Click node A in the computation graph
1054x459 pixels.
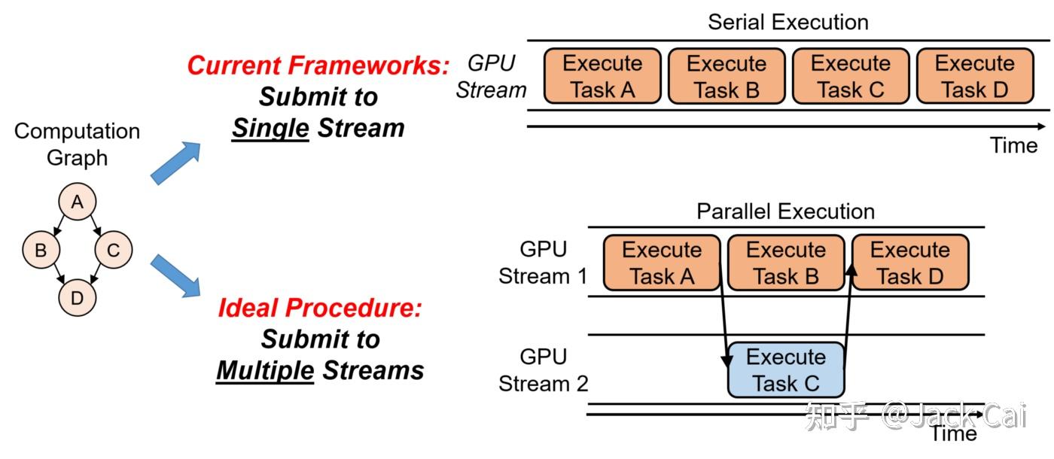pyautogui.click(x=77, y=203)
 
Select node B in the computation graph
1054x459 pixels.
pyautogui.click(x=41, y=250)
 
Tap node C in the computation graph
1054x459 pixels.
pyautogui.click(x=113, y=250)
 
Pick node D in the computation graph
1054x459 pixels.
pyautogui.click(x=77, y=298)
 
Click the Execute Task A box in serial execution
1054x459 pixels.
pyautogui.click(x=602, y=76)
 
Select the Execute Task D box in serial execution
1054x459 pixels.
pyautogui.click(x=975, y=76)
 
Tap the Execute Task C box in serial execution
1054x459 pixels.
pyautogui.click(x=851, y=76)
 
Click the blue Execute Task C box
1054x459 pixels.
pyautogui.click(x=786, y=370)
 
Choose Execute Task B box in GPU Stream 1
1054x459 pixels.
pyautogui.click(x=786, y=263)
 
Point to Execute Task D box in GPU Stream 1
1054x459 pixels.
pyautogui.click(x=910, y=263)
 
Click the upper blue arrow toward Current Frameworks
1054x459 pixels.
pyautogui.click(x=176, y=163)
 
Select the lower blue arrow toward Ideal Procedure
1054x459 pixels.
pyautogui.click(x=176, y=275)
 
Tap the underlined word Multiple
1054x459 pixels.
pyautogui.click(x=265, y=370)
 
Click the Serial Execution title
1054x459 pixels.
pyautogui.click(x=787, y=22)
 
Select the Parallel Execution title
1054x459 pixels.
pyautogui.click(x=785, y=211)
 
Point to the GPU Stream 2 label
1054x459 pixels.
pyautogui.click(x=543, y=369)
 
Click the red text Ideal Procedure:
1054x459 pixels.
pyautogui.click(x=320, y=308)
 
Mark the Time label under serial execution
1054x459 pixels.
pyautogui.click(x=1013, y=145)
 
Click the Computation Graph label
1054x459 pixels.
pyautogui.click(x=77, y=144)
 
